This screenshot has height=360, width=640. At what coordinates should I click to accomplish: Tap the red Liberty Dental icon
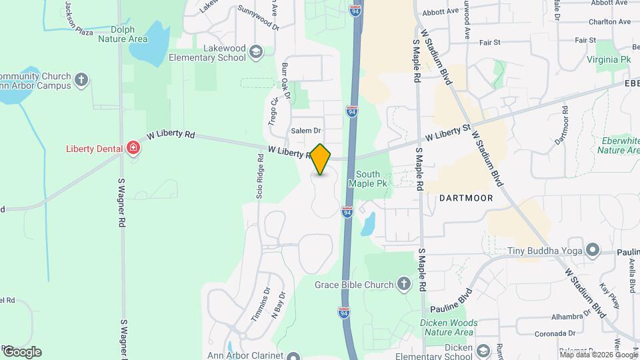[x=134, y=147]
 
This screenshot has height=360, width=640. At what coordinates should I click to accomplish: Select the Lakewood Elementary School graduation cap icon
[x=255, y=52]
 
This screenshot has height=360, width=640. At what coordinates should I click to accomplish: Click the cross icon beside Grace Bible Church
[x=403, y=285]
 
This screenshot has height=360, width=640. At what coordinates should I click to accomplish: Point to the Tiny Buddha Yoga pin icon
[x=591, y=251]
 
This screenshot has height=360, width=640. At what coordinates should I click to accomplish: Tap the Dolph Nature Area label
[x=123, y=35]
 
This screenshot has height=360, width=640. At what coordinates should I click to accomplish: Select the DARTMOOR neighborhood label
[x=466, y=198]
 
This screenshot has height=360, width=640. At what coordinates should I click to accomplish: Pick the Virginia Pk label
[x=607, y=60]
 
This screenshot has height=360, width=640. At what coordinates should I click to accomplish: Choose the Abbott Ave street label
[x=440, y=11]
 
